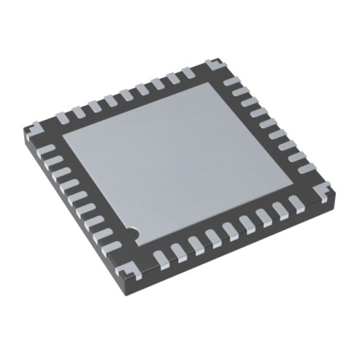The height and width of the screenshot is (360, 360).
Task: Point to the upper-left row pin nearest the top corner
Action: point(193,74)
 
